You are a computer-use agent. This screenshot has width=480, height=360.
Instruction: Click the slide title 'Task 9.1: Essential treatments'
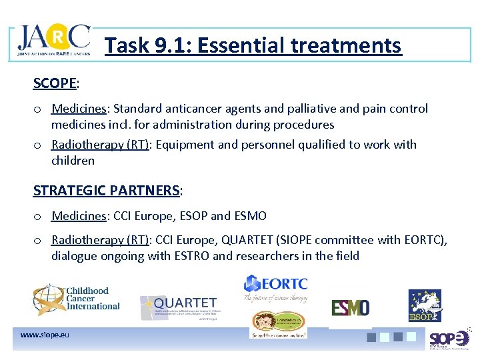point(253,45)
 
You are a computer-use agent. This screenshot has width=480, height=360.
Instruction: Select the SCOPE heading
point(55,83)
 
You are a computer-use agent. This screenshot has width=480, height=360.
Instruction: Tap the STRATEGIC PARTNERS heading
point(107,191)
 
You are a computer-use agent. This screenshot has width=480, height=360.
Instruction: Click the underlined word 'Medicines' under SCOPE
point(79,109)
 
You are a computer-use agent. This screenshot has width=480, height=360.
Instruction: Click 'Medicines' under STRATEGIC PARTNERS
point(79,216)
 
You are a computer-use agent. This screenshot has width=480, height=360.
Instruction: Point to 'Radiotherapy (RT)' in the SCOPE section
point(100,145)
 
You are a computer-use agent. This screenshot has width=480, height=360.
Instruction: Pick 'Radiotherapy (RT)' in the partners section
point(100,240)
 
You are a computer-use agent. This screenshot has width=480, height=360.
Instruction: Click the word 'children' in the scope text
point(73,161)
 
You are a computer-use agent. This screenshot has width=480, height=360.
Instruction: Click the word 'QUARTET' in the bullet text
point(261,240)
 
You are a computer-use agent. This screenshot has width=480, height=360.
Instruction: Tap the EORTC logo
point(275,287)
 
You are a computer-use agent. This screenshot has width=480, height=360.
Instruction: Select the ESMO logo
point(350,308)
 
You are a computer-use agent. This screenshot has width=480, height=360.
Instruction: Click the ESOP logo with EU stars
point(425,306)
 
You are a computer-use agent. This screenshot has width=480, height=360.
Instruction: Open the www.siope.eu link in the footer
point(45,335)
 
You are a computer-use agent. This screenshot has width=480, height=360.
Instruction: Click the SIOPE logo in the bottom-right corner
point(449,339)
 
